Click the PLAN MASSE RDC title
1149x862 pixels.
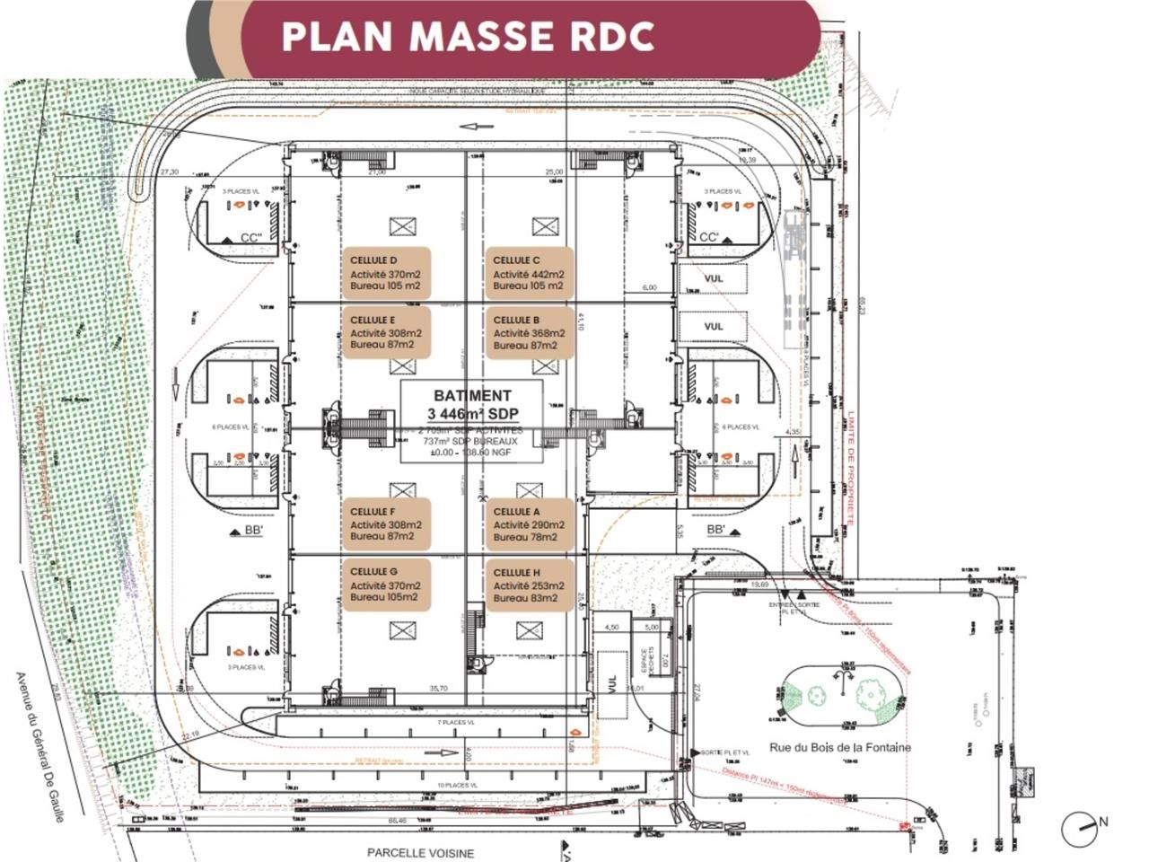pos(468,36)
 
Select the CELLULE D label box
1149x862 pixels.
pos(386,273)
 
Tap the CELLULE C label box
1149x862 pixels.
pos(529,273)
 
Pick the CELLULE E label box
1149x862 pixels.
pos(386,332)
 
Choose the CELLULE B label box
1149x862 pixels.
pos(529,332)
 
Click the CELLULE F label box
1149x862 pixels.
pos(386,524)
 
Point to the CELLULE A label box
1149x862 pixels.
pos(529,524)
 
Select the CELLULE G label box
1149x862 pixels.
pos(386,585)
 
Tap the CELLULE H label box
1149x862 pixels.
pos(529,585)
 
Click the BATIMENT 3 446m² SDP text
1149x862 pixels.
pos(472,404)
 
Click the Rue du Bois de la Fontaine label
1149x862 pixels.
pos(839,747)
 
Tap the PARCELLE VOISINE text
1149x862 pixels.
pos(420,852)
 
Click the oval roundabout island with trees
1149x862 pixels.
pos(840,696)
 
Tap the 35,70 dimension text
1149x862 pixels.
pos(439,689)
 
